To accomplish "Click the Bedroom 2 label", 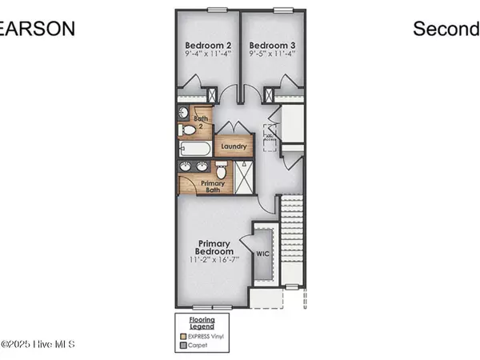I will tap(208, 45).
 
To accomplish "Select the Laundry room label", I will tap(234, 147).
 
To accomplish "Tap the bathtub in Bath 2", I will tap(194, 149).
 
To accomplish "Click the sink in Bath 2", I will tap(183, 113).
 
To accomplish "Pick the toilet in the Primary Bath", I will tap(222, 169).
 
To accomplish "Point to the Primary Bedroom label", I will tap(214, 248).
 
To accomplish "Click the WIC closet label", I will tap(262, 254).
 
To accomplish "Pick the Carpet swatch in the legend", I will tap(182, 347).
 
